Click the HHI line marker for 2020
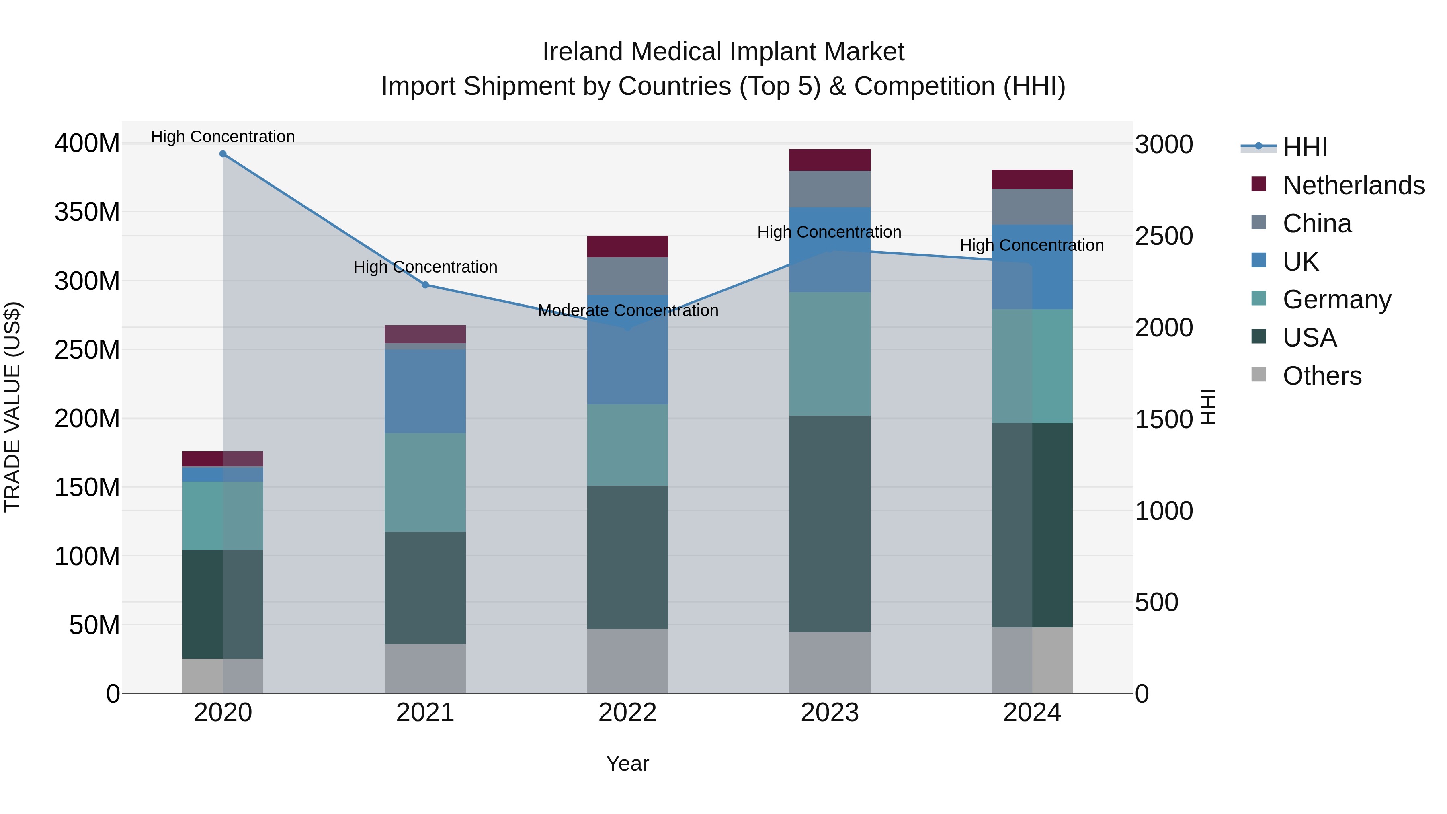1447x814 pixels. pos(223,154)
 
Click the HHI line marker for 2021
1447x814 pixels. pos(425,285)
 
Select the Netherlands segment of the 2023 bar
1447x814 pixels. pos(830,160)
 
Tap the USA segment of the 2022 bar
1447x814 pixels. pos(627,557)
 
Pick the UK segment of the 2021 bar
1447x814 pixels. pos(425,391)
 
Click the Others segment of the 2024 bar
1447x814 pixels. pos(1032,660)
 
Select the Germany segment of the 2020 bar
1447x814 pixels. pos(223,515)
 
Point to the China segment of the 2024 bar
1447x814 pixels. pos(1032,207)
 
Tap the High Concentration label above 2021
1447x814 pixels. pos(425,267)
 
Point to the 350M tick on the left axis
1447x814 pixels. pos(87,212)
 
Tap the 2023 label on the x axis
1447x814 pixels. pos(830,713)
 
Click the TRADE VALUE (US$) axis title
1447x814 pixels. pos(12,407)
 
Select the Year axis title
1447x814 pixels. pos(627,763)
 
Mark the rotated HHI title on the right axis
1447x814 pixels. pos(1208,407)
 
